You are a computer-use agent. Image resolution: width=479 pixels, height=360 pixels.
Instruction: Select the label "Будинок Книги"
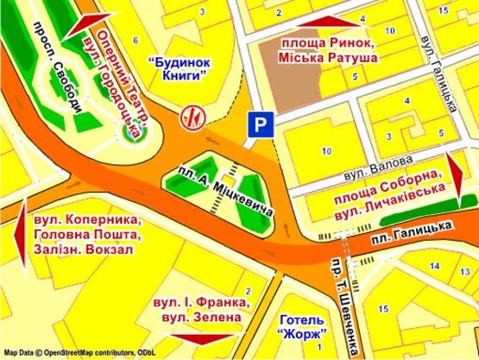179,69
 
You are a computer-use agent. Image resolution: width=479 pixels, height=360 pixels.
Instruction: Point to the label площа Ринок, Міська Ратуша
329,49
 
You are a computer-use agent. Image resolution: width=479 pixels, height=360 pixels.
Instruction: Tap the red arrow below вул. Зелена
205,338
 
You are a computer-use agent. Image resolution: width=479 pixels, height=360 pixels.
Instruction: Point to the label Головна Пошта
85,235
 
